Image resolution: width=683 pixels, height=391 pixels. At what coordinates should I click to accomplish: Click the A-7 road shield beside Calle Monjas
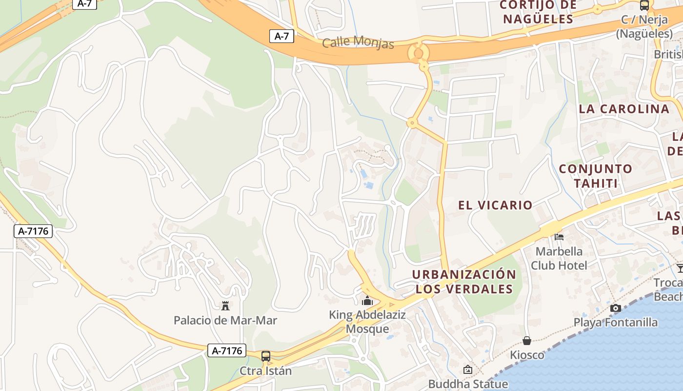pyautogui.click(x=282, y=36)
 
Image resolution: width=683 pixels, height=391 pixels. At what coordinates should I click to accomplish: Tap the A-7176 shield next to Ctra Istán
pyautogui.click(x=227, y=350)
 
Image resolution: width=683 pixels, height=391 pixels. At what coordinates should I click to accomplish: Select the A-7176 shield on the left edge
pyautogui.click(x=33, y=231)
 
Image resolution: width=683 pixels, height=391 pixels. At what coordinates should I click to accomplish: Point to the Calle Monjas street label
pyautogui.click(x=358, y=43)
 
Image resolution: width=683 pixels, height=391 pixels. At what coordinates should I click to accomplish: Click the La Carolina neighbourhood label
pyautogui.click(x=624, y=109)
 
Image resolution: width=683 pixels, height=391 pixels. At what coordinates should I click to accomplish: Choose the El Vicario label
pyautogui.click(x=495, y=205)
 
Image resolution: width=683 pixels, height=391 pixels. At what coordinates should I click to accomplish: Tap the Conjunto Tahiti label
pyautogui.click(x=596, y=176)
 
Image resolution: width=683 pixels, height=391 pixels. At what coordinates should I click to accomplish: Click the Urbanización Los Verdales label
pyautogui.click(x=464, y=282)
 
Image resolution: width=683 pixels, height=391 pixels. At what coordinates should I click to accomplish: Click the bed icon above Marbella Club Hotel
pyautogui.click(x=559, y=237)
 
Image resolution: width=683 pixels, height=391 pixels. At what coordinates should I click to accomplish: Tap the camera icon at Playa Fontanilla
pyautogui.click(x=616, y=308)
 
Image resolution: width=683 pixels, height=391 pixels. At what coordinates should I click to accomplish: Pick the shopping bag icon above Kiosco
pyautogui.click(x=527, y=340)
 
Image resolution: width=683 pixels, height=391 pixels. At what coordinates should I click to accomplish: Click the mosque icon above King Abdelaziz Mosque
pyautogui.click(x=367, y=301)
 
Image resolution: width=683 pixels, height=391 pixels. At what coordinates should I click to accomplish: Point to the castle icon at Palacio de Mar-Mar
pyautogui.click(x=225, y=306)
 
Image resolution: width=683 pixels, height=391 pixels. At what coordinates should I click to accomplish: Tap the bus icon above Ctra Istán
pyautogui.click(x=266, y=356)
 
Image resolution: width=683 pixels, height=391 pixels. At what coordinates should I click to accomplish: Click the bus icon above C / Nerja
pyautogui.click(x=644, y=6)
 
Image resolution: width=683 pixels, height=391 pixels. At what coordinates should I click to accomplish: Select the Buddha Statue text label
pyautogui.click(x=468, y=384)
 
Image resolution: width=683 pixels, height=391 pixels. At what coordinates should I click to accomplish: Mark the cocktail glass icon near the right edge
pyautogui.click(x=680, y=268)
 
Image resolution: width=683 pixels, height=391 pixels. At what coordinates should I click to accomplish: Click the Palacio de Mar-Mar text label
pyautogui.click(x=225, y=321)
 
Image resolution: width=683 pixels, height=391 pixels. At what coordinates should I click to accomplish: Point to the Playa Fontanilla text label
pyautogui.click(x=615, y=323)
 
